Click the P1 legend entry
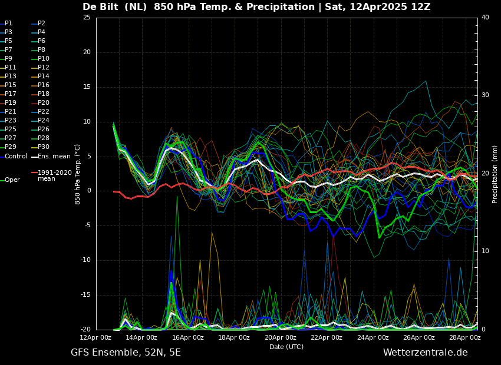tap(6, 24)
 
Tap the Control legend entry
tap(14, 157)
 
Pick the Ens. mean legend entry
tap(51, 157)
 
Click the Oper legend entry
tap(10, 180)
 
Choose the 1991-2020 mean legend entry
tap(52, 175)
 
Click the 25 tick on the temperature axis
tap(87, 17)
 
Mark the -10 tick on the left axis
tap(85, 260)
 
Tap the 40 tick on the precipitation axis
tap(485, 17)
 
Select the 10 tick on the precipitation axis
tap(485, 251)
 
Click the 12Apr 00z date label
tap(95, 337)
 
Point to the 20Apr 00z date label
tap(281, 337)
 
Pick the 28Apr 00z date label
tap(465, 337)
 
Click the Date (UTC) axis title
tap(286, 347)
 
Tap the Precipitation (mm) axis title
tap(495, 174)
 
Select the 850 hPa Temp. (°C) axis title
tap(77, 174)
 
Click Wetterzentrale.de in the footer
tap(426, 353)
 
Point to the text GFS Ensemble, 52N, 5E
tap(126, 353)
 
